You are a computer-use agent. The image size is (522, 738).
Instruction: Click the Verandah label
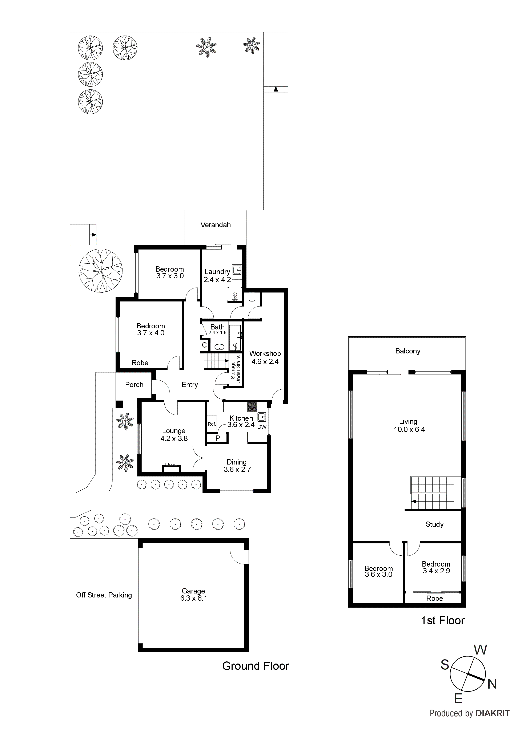tap(216, 225)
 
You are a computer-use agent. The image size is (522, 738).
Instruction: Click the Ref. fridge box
tap(212, 424)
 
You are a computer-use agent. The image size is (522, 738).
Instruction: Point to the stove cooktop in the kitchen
tap(252, 407)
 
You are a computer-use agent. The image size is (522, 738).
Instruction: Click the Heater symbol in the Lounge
tap(171, 464)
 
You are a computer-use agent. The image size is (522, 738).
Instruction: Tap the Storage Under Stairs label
tap(236, 369)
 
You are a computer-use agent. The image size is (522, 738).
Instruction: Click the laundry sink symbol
tap(237, 270)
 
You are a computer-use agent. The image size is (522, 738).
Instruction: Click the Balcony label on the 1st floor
tap(407, 351)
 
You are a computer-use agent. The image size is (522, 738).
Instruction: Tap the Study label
tap(434, 524)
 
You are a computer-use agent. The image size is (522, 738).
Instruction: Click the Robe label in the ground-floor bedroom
tap(140, 363)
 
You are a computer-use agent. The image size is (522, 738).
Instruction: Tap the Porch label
tap(134, 385)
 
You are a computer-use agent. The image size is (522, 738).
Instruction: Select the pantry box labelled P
tap(217, 438)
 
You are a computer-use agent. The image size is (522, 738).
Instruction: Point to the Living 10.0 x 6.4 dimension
tap(409, 429)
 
